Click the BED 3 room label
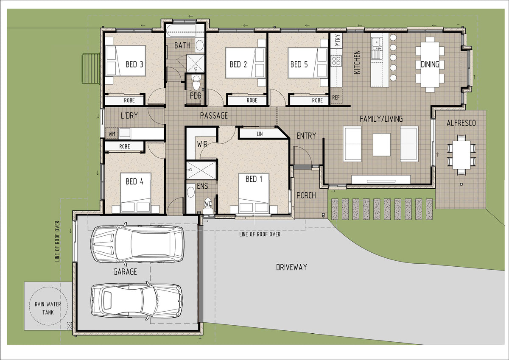[x=134, y=64]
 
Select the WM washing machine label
[x=112, y=134]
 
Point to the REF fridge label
[x=336, y=97]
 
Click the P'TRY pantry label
[x=338, y=40]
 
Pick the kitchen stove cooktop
[x=336, y=61]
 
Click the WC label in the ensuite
[x=208, y=204]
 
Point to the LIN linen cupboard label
[x=260, y=134]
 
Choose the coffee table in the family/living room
[x=382, y=145]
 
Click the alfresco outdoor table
[x=461, y=155]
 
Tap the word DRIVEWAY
[x=291, y=267]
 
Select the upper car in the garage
[x=137, y=244]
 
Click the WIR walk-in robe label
[x=202, y=144]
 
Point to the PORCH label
[x=306, y=195]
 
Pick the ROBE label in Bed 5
[x=317, y=100]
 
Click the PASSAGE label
[x=214, y=116]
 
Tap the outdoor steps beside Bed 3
[x=91, y=69]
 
